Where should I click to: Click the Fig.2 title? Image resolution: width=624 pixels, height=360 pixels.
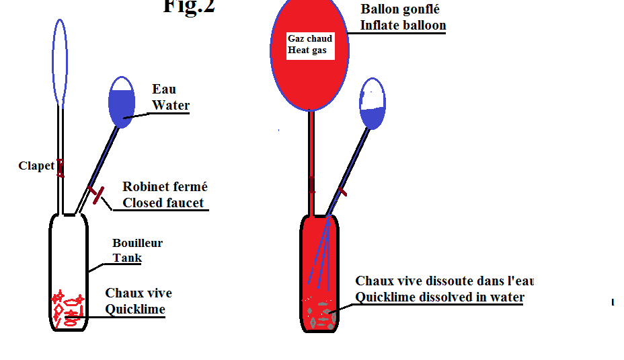click(x=189, y=7)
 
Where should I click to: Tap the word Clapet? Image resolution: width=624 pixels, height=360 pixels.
click(x=36, y=166)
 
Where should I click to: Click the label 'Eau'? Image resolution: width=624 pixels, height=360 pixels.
click(x=164, y=89)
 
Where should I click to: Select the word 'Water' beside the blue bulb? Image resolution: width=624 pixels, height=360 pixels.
click(x=171, y=105)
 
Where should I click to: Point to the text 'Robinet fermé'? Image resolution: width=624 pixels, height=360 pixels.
click(x=165, y=187)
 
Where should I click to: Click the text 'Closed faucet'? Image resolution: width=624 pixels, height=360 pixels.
click(x=163, y=203)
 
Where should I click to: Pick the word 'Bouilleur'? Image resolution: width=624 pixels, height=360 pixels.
click(x=137, y=243)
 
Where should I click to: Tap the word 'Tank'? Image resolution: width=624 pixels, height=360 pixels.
click(x=127, y=258)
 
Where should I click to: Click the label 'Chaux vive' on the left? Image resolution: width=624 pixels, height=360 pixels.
click(x=139, y=293)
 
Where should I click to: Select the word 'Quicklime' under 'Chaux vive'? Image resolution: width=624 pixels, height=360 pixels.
click(x=135, y=310)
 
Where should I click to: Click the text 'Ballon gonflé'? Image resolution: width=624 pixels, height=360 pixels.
click(x=400, y=9)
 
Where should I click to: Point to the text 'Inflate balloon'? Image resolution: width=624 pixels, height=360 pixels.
click(x=403, y=26)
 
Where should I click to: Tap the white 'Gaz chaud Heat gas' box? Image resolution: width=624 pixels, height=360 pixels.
click(x=310, y=44)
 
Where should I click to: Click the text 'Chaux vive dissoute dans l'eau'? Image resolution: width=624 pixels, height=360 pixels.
click(x=444, y=281)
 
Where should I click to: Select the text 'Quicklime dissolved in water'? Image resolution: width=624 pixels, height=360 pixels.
click(x=439, y=297)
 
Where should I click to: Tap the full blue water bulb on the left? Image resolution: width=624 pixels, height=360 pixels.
click(x=122, y=102)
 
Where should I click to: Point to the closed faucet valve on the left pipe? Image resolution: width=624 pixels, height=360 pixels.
click(x=99, y=195)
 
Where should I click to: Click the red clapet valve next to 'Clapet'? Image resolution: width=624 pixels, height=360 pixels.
click(x=61, y=167)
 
